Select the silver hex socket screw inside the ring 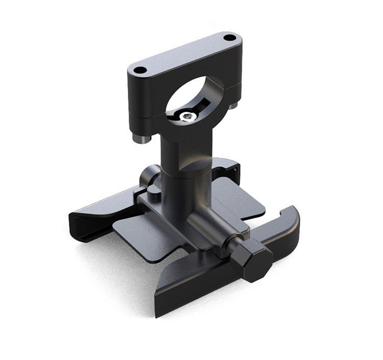pyautogui.click(x=187, y=117)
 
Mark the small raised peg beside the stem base pyautogui.click(x=154, y=189)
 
